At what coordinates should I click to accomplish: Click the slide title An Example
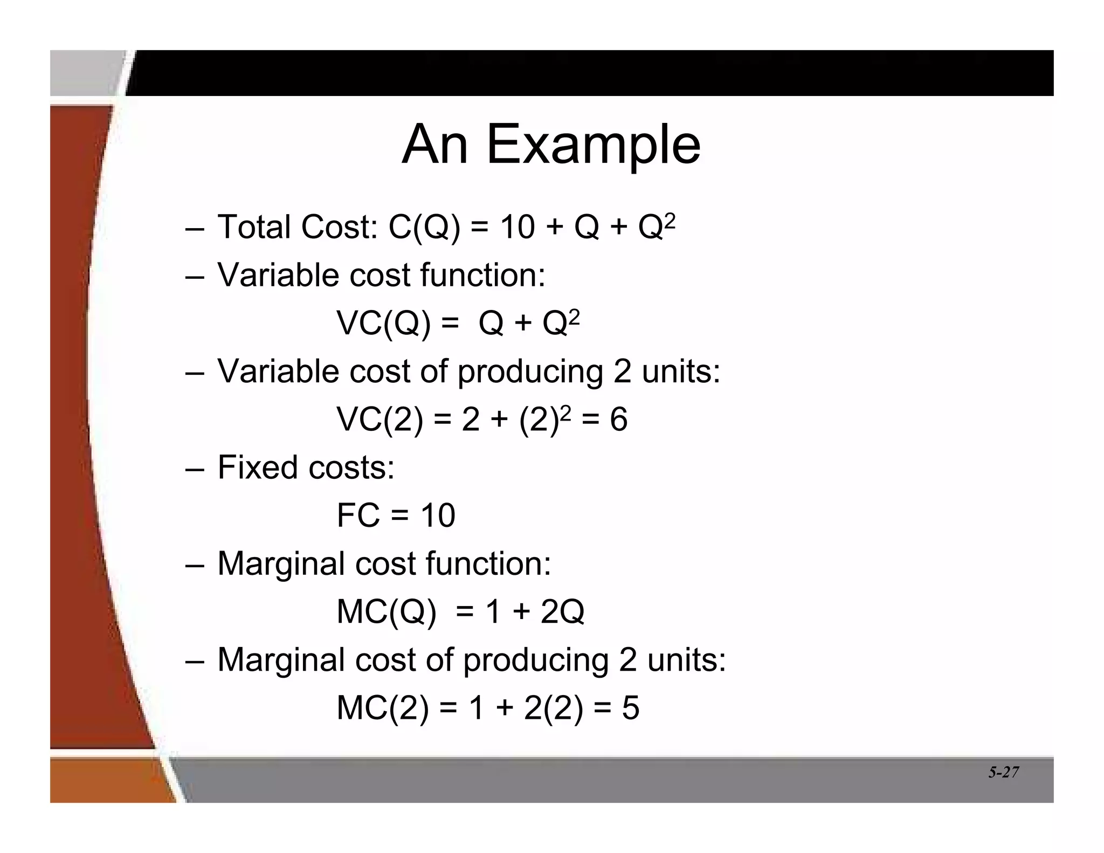tap(551, 144)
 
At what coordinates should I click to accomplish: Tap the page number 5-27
tap(1003, 772)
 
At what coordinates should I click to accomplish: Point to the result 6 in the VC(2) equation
tap(618, 419)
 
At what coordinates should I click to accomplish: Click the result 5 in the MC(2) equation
tap(630, 708)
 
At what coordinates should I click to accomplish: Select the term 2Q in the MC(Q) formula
tap(562, 612)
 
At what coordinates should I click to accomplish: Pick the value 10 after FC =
tap(438, 515)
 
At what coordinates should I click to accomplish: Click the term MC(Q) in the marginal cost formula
tap(386, 612)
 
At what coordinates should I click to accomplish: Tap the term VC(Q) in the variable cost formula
tap(383, 324)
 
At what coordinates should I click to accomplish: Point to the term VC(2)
tap(380, 419)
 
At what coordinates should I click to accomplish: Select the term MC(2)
tap(383, 708)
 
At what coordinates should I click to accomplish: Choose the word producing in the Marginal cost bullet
tap(536, 660)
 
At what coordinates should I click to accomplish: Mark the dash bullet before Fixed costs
tap(194, 468)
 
